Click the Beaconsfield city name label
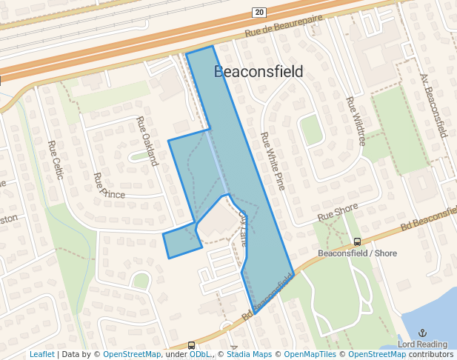click(258, 72)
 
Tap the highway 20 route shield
click(258, 12)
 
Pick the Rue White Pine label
click(272, 161)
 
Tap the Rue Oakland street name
click(148, 140)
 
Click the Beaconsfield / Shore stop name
click(357, 253)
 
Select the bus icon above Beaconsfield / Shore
click(358, 241)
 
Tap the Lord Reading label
click(422, 344)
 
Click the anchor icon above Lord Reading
click(423, 333)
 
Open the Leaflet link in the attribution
click(41, 354)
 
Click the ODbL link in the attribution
click(199, 354)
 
